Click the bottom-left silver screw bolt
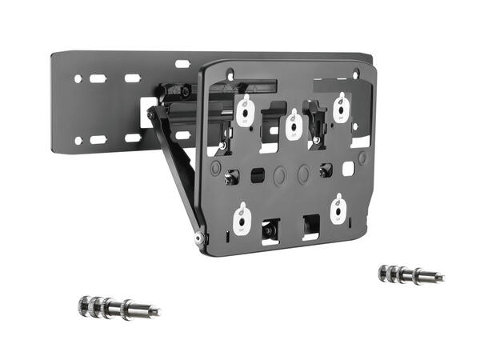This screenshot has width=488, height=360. [118, 306]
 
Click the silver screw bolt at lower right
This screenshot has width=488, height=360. [410, 274]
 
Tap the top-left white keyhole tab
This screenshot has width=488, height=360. [246, 111]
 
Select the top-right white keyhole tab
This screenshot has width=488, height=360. [341, 108]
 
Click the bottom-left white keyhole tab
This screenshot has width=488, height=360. [241, 217]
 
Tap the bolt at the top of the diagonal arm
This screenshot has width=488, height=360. [152, 114]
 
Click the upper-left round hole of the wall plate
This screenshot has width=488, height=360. [78, 79]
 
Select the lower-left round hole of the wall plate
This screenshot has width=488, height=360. [78, 141]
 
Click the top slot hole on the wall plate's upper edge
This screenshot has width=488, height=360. [182, 64]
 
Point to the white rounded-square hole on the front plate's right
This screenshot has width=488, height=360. [348, 169]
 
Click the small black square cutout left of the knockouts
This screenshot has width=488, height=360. [258, 174]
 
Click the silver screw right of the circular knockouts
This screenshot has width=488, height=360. [324, 170]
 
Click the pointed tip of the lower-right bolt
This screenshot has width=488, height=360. [442, 278]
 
